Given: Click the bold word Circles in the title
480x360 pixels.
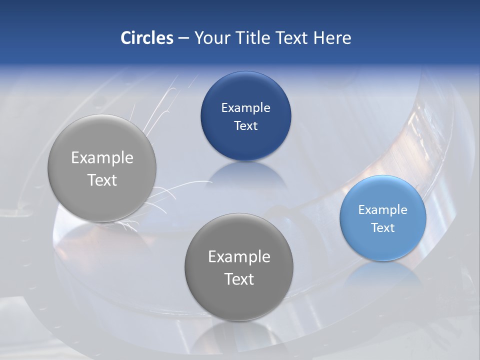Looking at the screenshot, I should point(147,38).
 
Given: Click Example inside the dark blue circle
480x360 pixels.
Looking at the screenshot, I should point(245,107).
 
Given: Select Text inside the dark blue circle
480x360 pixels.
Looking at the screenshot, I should point(245,125).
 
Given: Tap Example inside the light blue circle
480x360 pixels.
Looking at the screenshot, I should point(382,209).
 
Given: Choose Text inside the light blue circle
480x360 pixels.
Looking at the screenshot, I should point(382,227).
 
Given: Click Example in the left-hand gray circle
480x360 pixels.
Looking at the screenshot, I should point(102,158).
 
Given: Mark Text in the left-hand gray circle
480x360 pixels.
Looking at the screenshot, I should point(102,180).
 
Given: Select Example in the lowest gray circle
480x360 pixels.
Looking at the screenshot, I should point(239,256).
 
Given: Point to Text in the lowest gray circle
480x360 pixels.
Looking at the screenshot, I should point(239,278).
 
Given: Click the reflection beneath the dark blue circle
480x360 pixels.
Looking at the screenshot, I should point(245,175).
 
